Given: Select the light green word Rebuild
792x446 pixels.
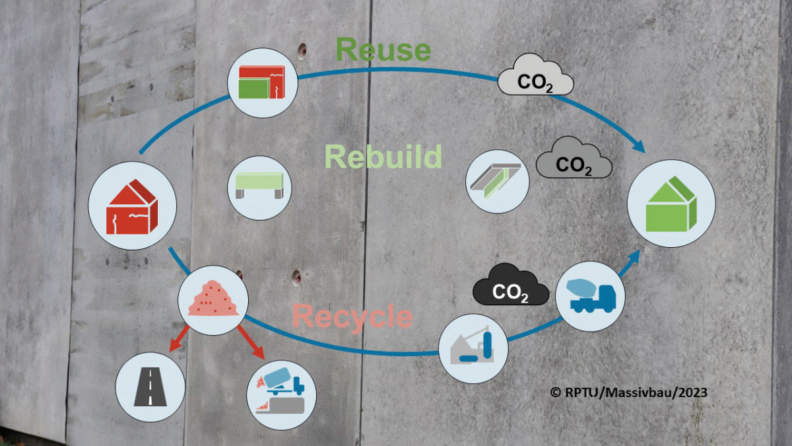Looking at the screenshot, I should coord(383,158).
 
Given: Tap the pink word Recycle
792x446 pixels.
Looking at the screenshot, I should coord(352,316).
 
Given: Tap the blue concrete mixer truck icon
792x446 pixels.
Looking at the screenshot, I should coord(589,295).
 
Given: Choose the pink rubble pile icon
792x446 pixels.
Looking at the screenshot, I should coord(213,299).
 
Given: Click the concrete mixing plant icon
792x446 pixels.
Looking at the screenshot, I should coord(473,349).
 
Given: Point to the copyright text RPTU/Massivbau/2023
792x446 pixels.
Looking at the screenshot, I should coord(628,392).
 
